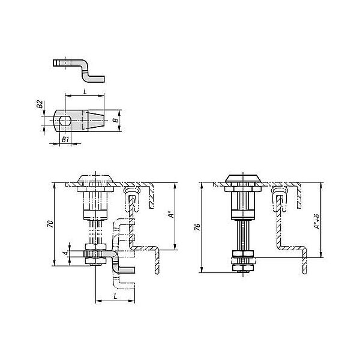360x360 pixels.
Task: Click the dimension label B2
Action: click(x=40, y=104)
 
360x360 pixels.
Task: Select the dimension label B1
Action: click(x=65, y=139)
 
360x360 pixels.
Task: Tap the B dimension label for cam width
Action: click(x=116, y=120)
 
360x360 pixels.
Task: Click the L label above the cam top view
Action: click(x=85, y=92)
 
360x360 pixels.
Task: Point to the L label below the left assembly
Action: click(x=115, y=296)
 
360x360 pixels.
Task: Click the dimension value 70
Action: click(x=50, y=224)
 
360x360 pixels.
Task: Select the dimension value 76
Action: click(x=197, y=227)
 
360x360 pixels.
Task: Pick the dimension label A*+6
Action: click(x=317, y=221)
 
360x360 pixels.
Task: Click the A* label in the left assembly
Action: click(x=171, y=215)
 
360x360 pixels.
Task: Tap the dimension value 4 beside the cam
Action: click(x=65, y=253)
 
